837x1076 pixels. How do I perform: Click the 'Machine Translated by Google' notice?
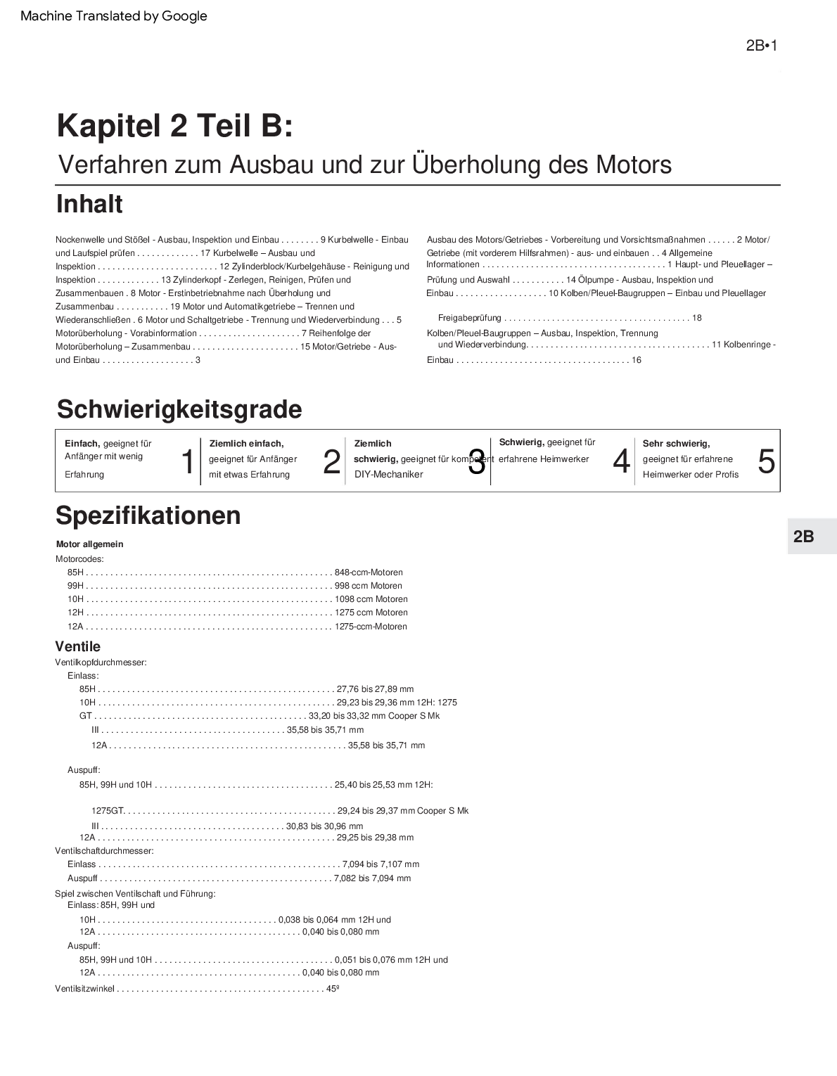tap(114, 16)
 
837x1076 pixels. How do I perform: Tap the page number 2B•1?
tap(761, 46)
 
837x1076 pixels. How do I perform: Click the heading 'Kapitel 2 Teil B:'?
tap(174, 126)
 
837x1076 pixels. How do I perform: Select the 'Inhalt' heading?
tap(89, 205)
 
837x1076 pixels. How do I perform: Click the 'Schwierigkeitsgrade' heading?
tap(179, 409)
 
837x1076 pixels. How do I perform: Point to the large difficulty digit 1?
tap(188, 462)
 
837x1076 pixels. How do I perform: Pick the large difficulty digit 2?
tap(331, 462)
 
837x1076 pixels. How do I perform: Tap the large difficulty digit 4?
tap(621, 462)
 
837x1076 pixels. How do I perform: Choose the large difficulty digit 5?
tap(766, 462)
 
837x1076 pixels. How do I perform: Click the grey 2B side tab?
tap(804, 537)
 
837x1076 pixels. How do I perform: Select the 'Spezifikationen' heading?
tap(148, 515)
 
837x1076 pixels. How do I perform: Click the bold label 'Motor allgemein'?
tap(89, 544)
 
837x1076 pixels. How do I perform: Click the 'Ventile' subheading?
tap(77, 646)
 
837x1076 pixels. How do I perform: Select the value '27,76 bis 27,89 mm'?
tap(375, 689)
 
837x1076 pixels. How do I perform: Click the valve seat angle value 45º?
tap(333, 989)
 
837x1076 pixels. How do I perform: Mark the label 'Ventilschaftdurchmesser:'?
tap(104, 851)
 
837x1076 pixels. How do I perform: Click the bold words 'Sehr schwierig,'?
tap(676, 444)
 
